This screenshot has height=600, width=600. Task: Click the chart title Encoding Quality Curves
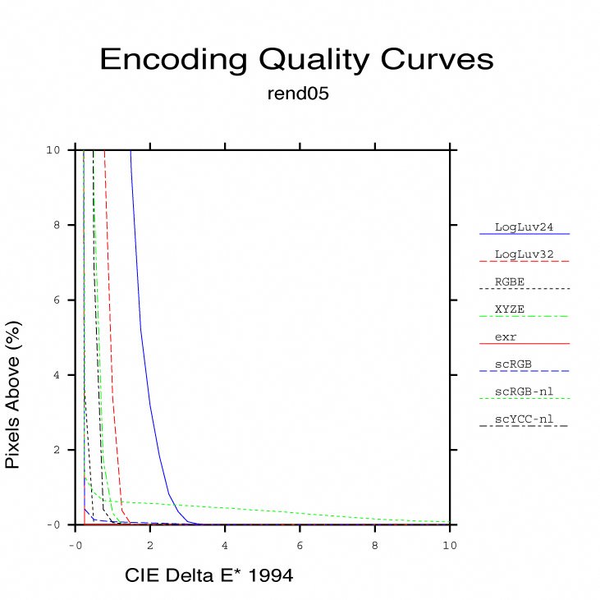(296, 60)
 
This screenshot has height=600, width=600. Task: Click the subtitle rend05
(298, 94)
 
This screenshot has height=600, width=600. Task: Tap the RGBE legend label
(510, 282)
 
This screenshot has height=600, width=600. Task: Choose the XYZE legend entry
(510, 309)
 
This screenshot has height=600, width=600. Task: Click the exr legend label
(506, 337)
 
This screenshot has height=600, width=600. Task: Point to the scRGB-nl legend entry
(523, 392)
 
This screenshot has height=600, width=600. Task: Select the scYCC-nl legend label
(524, 419)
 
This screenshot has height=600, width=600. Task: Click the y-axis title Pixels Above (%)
(13, 395)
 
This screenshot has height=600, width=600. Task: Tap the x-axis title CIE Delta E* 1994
(208, 576)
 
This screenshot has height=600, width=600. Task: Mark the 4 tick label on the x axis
(225, 545)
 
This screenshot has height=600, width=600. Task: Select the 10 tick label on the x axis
(449, 545)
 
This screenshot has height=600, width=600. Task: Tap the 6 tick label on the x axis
(300, 545)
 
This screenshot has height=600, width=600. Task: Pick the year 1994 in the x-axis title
(270, 576)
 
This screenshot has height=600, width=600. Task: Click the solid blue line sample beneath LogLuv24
(524, 235)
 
